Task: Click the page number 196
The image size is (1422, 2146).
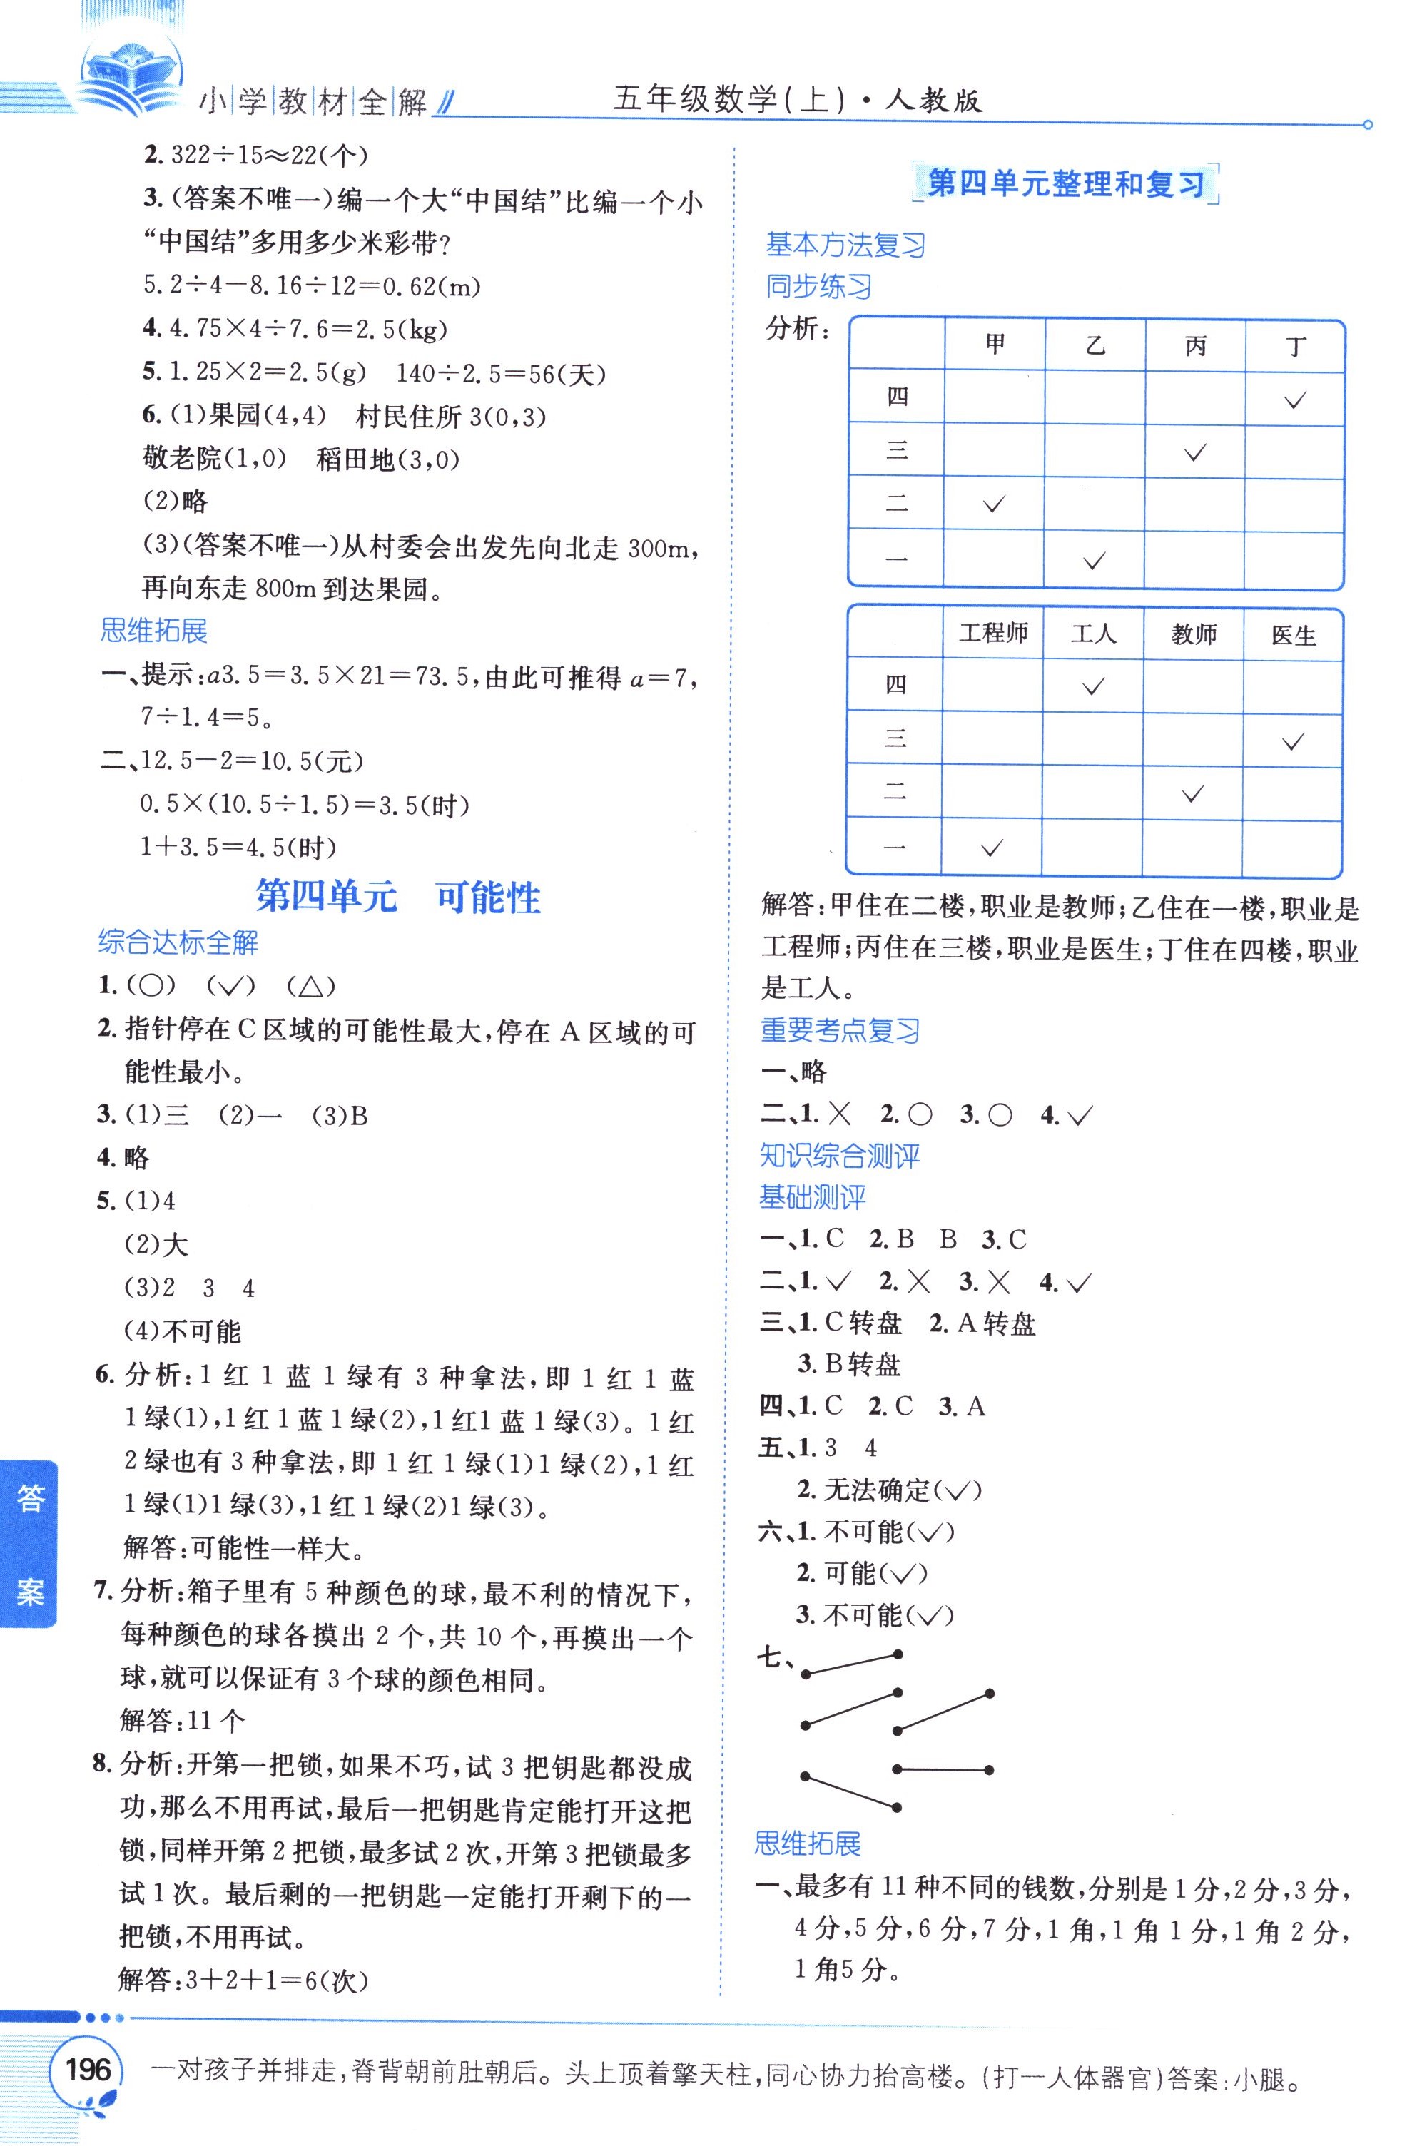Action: pyautogui.click(x=88, y=2068)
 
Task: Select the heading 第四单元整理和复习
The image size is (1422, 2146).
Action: pyautogui.click(x=1065, y=184)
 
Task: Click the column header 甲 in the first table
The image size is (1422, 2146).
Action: pyautogui.click(x=995, y=345)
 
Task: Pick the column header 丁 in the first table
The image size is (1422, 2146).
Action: pyautogui.click(x=1295, y=345)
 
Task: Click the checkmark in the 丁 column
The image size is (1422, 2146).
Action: pyautogui.click(x=1295, y=399)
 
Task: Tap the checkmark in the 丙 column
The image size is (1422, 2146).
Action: pyautogui.click(x=1195, y=452)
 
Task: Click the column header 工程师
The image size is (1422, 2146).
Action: pyautogui.click(x=993, y=633)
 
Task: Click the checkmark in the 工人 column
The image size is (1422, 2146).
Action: pyautogui.click(x=1094, y=686)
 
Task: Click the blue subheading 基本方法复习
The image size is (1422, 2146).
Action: pyautogui.click(x=845, y=244)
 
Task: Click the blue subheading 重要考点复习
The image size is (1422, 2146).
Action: pyautogui.click(x=840, y=1030)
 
